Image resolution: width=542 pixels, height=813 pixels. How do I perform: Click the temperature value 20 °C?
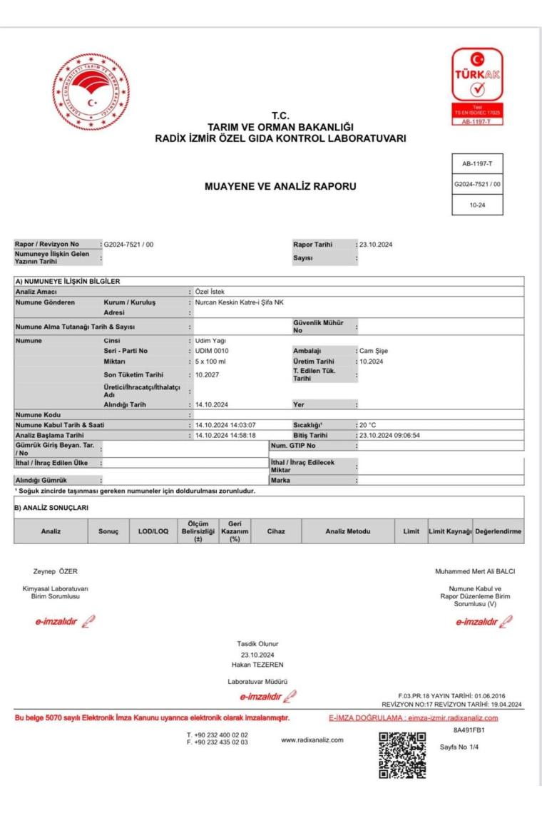tap(367, 416)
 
